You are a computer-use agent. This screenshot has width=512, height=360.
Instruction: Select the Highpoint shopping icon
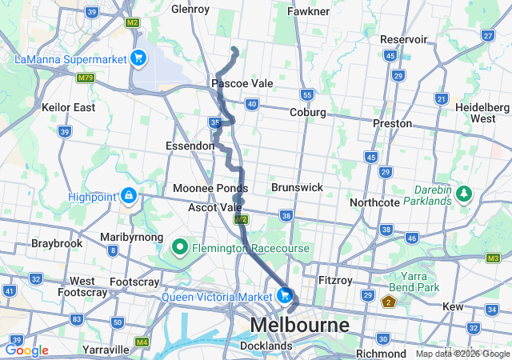[128, 195]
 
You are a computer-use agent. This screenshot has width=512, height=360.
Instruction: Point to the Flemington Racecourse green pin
[180, 248]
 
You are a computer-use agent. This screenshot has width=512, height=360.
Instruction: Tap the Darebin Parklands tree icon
[463, 195]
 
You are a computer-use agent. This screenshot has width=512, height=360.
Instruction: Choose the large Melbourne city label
[300, 326]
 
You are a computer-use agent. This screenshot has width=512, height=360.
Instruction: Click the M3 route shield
[493, 258]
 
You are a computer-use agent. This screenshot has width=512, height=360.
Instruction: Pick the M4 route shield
[142, 342]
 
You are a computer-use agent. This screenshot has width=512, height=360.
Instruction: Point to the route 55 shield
[306, 94]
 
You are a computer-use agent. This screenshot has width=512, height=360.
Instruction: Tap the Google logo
[26, 350]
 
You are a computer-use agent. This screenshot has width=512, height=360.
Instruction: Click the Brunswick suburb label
[297, 187]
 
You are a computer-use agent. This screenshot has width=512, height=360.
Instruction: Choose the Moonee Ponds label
[210, 188]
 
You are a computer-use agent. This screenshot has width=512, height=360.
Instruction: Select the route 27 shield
[487, 36]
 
